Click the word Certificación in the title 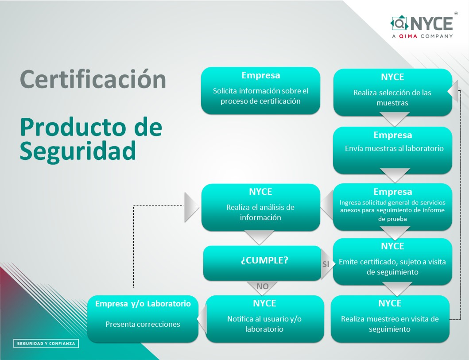point(93,79)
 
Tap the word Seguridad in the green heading point(78,151)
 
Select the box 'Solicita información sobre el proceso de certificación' point(260,91)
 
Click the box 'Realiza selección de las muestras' point(392,93)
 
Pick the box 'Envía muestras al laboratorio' point(392,150)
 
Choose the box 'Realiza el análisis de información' point(260,207)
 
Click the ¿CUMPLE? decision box point(262,263)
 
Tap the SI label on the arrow point(326,264)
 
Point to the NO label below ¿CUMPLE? point(262,286)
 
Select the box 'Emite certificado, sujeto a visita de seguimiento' point(392,262)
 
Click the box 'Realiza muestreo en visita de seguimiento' point(390,319)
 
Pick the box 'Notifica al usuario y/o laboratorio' point(264,319)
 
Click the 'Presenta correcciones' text point(143,324)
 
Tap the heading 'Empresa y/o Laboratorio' point(143,304)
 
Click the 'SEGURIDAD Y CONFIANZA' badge point(46,344)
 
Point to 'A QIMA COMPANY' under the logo point(422,36)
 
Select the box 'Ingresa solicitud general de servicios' point(392,207)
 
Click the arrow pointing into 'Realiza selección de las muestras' point(453,92)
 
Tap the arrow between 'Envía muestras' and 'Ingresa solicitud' point(395,175)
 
